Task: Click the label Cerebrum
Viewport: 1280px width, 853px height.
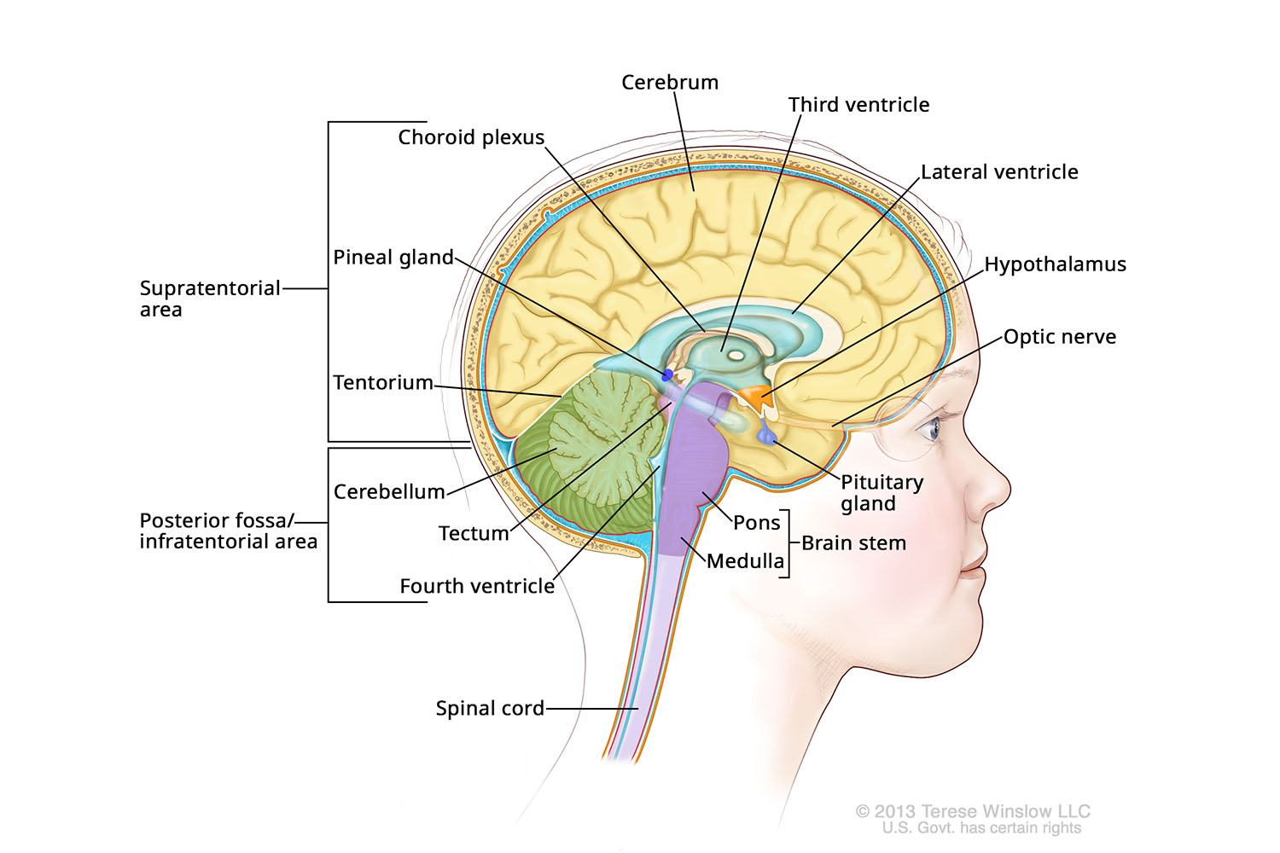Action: coord(670,83)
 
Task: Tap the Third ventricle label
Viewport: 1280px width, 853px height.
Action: coord(858,105)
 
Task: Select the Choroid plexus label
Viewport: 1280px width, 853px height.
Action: coord(471,137)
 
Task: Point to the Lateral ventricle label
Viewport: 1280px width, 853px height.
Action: coord(999,172)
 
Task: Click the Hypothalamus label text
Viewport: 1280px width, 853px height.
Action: coord(1055,264)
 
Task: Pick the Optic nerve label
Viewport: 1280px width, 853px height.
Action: coord(1059,337)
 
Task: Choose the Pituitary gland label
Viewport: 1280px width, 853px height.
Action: coord(881,493)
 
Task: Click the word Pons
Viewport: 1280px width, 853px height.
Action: coord(757,523)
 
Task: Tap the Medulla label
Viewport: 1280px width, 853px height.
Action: coord(745,561)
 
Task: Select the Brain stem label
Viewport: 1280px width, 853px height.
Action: coord(853,543)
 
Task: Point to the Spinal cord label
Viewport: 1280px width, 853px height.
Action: coord(490,708)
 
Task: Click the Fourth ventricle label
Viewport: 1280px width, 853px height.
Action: coord(477,587)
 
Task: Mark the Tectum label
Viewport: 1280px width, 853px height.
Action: coord(474,534)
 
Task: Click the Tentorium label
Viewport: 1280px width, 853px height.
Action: coord(383,383)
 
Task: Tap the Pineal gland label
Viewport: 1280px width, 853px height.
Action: coord(393,258)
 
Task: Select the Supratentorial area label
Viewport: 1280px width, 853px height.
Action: coord(209,299)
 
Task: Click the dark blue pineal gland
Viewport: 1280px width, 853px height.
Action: coord(667,374)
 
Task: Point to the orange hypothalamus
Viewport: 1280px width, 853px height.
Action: coord(754,396)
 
